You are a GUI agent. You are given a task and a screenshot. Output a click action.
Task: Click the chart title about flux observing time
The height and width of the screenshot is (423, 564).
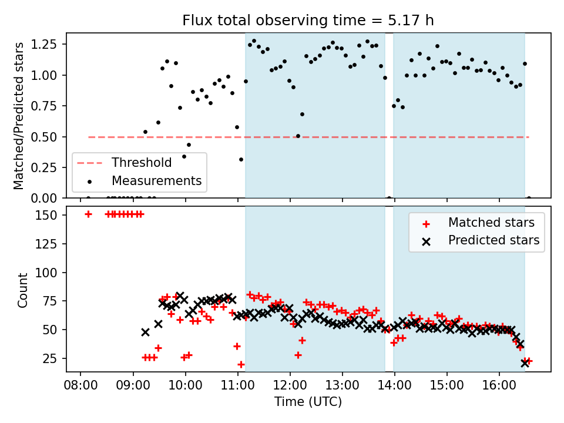point(308,21)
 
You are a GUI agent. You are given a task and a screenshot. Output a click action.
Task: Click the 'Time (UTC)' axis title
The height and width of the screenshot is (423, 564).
point(308,402)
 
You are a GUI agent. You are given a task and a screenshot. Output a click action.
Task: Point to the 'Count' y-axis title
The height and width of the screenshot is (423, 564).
point(23,290)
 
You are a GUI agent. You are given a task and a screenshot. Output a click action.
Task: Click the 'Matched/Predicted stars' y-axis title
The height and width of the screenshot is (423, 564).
point(19,116)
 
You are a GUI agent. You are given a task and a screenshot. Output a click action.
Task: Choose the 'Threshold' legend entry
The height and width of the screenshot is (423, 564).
point(142,163)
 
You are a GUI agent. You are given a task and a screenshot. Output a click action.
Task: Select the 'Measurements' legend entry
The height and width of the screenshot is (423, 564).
point(156,180)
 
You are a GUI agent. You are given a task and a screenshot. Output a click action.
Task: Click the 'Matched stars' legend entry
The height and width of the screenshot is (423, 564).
point(491,223)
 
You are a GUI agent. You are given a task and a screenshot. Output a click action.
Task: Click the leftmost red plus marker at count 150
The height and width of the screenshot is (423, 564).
point(88,214)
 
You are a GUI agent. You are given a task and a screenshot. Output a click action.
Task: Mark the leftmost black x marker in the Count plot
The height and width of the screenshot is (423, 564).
point(145,332)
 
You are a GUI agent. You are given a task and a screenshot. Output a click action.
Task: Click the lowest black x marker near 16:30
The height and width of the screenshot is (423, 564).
point(525,363)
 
